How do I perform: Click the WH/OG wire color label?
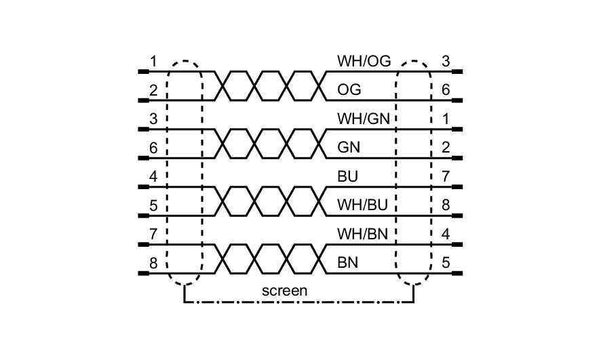[x=364, y=62]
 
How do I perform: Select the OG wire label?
[x=349, y=90]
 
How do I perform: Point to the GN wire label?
[x=349, y=148]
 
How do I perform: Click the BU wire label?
[x=347, y=177]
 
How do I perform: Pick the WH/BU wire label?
[x=364, y=205]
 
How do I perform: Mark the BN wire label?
[x=348, y=263]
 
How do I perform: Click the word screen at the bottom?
[x=285, y=290]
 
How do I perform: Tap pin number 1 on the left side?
[x=154, y=62]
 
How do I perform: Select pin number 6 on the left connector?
[x=154, y=148]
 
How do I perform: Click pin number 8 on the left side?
[x=154, y=263]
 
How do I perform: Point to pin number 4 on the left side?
[x=154, y=177]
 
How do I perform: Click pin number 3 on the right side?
[x=446, y=62]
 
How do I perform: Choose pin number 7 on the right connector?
[x=446, y=177]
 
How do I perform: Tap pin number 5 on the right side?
[x=446, y=263]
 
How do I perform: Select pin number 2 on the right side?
[x=446, y=148]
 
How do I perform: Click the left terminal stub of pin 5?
[x=142, y=216]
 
